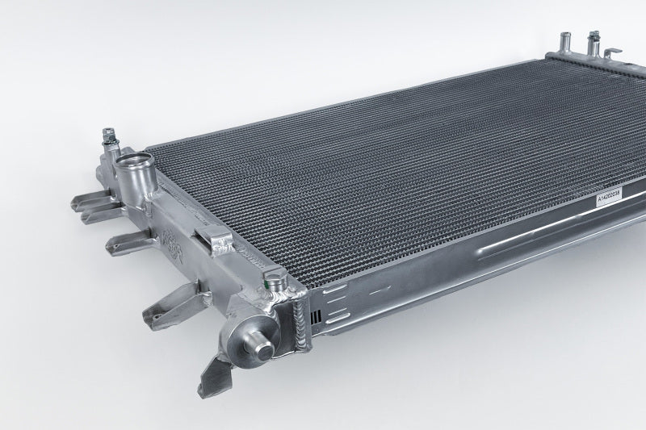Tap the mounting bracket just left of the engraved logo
coord(129,239)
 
